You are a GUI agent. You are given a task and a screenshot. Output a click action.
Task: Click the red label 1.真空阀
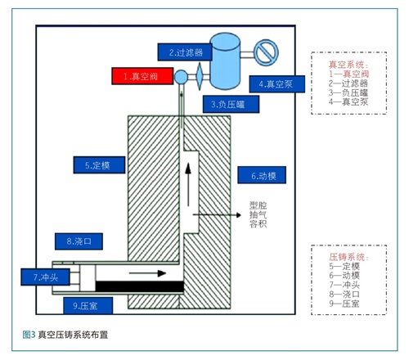click(142, 76)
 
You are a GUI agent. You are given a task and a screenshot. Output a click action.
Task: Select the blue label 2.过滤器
click(185, 52)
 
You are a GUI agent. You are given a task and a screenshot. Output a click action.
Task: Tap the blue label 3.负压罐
click(231, 104)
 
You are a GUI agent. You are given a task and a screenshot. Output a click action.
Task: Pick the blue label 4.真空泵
click(277, 84)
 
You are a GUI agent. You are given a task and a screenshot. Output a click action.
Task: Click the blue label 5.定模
click(99, 165)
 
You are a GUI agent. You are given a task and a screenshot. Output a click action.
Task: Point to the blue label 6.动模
click(262, 175)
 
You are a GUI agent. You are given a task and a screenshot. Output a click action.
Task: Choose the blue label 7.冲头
click(45, 277)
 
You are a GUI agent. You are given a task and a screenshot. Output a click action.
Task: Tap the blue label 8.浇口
click(79, 241)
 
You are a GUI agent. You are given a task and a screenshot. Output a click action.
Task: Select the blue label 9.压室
click(88, 305)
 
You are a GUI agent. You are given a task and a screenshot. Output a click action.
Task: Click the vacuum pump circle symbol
click(266, 52)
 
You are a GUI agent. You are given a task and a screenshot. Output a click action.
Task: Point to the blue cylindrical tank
click(225, 61)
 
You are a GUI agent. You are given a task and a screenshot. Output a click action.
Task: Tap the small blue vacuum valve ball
click(181, 77)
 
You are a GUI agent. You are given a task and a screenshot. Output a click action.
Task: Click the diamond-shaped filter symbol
click(200, 76)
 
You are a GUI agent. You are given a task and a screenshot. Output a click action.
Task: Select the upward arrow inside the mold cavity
click(188, 184)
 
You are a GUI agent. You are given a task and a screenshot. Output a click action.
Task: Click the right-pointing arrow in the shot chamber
click(147, 273)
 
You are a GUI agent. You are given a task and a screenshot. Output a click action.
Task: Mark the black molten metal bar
click(139, 286)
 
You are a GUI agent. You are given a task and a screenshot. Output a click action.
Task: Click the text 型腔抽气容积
click(258, 214)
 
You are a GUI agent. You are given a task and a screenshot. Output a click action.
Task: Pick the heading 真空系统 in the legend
click(348, 65)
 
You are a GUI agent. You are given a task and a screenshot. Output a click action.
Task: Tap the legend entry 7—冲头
click(344, 285)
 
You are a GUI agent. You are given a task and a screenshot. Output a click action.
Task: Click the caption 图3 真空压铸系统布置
click(65, 335)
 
